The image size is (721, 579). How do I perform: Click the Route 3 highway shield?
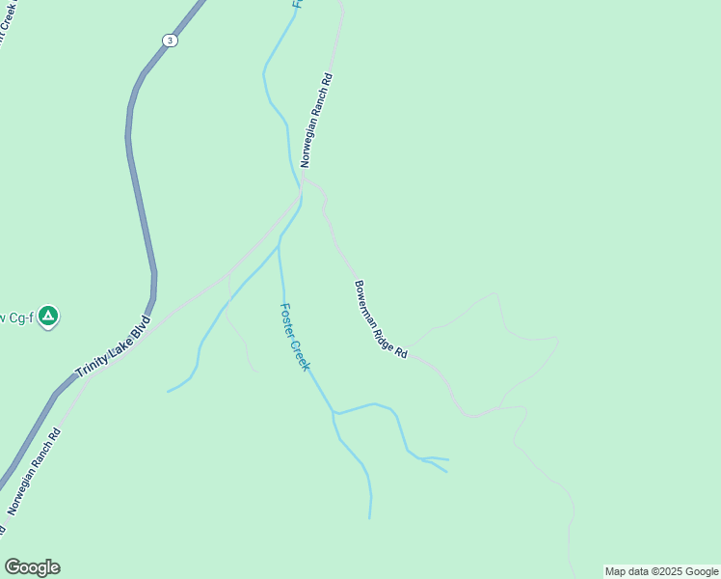point(170,40)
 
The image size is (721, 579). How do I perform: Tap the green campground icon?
point(48,316)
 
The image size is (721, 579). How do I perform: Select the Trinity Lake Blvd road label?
point(113,345)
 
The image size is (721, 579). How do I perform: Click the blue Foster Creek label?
point(294,337)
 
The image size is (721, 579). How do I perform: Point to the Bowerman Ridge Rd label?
point(380,319)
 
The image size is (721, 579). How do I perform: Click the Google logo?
point(32,567)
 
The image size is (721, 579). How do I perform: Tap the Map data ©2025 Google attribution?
point(661,571)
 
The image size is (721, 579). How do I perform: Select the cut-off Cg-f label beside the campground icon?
point(16,317)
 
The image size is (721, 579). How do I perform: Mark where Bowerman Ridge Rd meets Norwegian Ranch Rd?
point(305,179)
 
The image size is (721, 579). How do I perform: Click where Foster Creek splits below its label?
point(334,413)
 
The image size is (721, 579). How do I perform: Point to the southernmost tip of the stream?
point(370,518)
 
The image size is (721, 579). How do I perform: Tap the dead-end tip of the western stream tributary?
point(168,391)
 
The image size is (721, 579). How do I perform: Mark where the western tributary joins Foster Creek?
point(280,241)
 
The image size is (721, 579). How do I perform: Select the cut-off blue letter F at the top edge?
point(298,4)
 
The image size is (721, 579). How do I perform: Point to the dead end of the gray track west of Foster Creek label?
point(256,371)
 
